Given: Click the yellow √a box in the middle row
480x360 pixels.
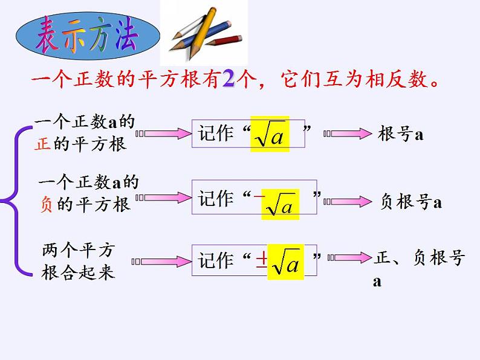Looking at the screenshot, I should coord(279,205).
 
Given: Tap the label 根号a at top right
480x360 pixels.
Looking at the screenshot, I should coord(401,133).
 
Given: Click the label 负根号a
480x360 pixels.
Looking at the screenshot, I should coord(411,202).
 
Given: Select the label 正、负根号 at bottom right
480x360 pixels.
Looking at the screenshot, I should coord(420,259).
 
